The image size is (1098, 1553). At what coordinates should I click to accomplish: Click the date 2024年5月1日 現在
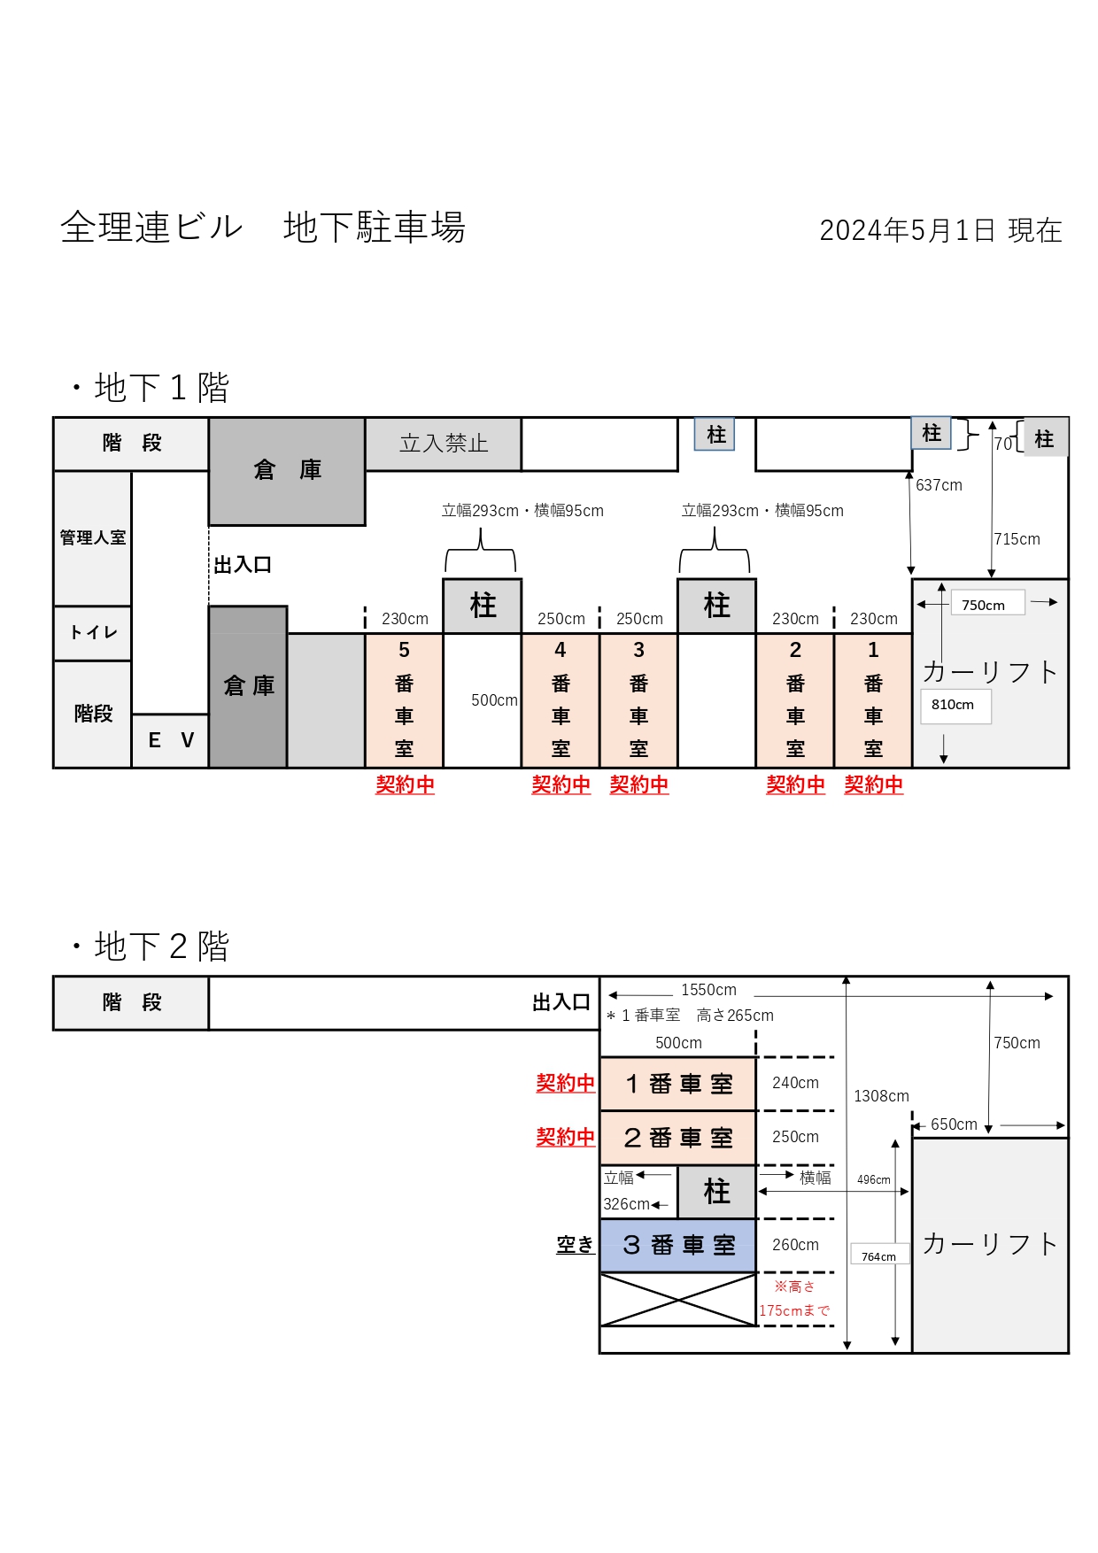click(x=940, y=230)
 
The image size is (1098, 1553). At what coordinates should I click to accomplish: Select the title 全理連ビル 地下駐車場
click(x=263, y=228)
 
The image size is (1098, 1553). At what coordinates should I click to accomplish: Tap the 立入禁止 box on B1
click(x=444, y=444)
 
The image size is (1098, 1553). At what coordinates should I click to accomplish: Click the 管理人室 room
click(x=92, y=538)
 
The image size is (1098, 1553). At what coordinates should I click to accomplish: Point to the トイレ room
click(x=92, y=633)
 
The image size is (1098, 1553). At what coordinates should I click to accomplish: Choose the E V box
click(x=170, y=740)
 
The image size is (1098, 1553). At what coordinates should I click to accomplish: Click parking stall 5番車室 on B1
click(x=405, y=700)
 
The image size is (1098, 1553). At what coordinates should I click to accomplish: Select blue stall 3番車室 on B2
click(x=678, y=1246)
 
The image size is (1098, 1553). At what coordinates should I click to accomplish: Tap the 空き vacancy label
click(x=575, y=1245)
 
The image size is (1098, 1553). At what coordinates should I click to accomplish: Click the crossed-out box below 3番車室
click(x=678, y=1300)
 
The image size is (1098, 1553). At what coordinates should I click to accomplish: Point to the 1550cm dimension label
click(x=708, y=990)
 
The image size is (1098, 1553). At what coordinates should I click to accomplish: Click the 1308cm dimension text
click(x=881, y=1096)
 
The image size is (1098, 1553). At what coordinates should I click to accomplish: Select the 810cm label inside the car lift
click(x=953, y=705)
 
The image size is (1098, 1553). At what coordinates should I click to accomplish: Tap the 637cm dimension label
click(x=939, y=485)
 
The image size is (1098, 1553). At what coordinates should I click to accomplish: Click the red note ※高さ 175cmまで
click(x=794, y=1299)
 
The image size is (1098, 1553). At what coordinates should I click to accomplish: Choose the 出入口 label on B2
click(x=561, y=1002)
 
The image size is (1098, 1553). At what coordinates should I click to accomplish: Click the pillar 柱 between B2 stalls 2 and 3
click(x=716, y=1192)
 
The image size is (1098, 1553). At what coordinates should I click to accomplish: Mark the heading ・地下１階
click(x=151, y=388)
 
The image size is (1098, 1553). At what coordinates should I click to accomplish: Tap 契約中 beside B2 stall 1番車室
click(x=565, y=1083)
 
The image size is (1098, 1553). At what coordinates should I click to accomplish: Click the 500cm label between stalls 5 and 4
click(x=494, y=700)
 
